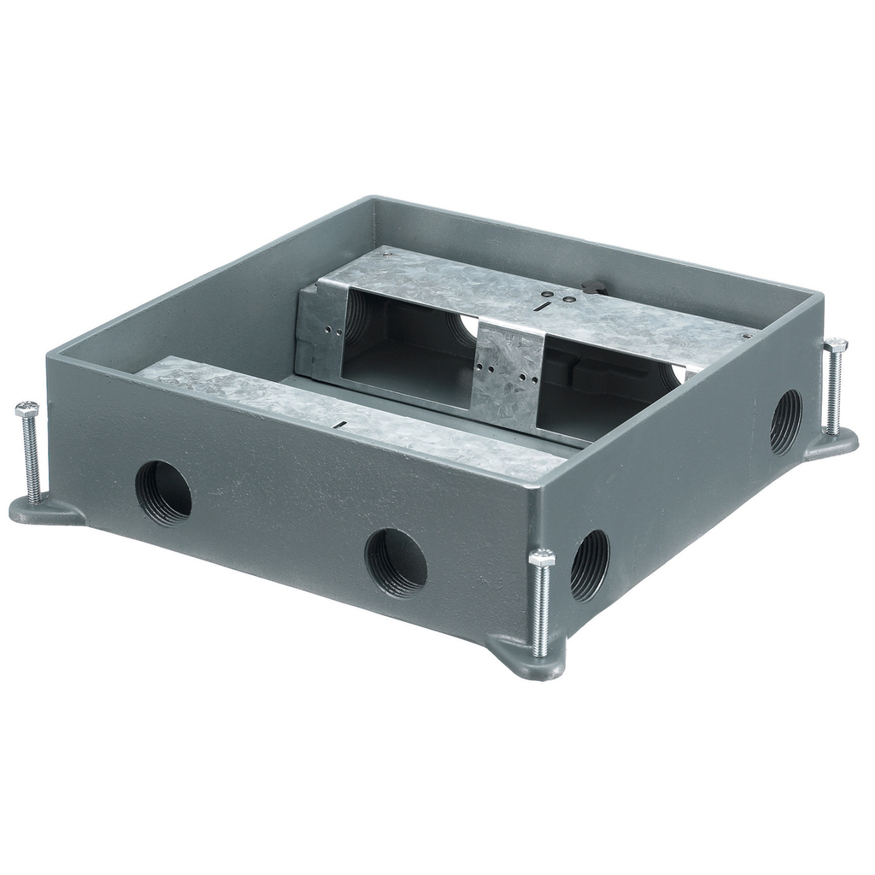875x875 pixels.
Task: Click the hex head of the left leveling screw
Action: click(x=26, y=408)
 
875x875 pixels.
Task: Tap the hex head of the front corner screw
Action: click(x=541, y=558)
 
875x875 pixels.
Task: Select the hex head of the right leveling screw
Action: click(x=835, y=345)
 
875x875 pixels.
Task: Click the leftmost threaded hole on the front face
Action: click(x=163, y=492)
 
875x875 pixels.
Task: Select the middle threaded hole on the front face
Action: click(x=396, y=561)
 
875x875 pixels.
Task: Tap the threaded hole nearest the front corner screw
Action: click(x=590, y=565)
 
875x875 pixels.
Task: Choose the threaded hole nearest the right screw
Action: click(x=785, y=421)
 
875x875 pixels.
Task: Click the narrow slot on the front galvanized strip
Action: click(x=340, y=424)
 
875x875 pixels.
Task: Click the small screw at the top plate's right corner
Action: click(x=748, y=336)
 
